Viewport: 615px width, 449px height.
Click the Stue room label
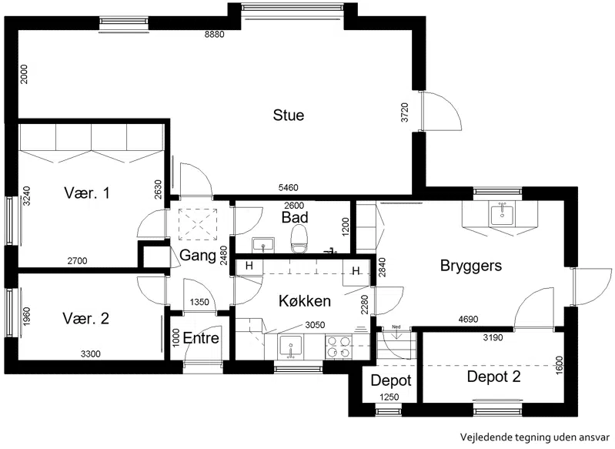pos(289,115)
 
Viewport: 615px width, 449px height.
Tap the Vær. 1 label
pos(87,193)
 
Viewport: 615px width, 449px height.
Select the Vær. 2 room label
pos(86,318)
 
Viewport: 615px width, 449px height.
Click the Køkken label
pos(305,301)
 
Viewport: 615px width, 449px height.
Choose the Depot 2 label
pos(494,377)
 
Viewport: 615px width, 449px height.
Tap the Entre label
pos(201,338)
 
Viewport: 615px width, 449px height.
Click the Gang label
pos(198,256)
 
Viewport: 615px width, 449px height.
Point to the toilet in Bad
pos(300,239)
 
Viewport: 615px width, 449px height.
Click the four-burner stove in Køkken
pos(339,347)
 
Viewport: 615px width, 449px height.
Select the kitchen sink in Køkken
pos(290,347)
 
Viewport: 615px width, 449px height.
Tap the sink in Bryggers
pos(502,213)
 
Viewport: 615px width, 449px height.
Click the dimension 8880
pos(215,35)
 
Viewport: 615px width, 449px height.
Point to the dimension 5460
pos(289,188)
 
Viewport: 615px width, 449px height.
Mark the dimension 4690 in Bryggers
pos(468,320)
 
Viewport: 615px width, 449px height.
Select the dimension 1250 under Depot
pos(389,397)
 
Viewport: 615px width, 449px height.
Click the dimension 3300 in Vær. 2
pos(91,354)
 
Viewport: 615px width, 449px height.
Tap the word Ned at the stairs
pos(396,327)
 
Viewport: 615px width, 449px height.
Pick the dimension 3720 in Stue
pos(405,112)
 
